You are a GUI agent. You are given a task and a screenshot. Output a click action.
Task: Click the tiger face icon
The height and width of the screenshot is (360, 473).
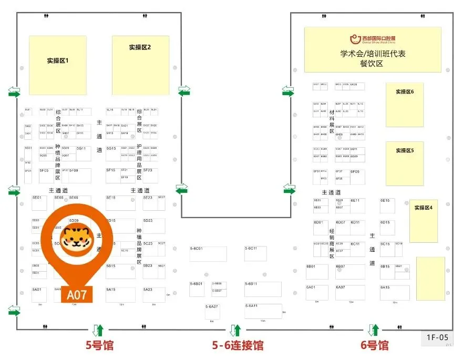coord(74,239)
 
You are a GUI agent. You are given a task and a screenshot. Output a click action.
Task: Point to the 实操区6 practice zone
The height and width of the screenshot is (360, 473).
coord(405,104)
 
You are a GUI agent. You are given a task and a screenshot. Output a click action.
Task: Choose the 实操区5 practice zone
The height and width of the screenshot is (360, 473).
coord(405,163)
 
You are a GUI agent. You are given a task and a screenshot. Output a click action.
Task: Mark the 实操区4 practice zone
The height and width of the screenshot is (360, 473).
coord(423,221)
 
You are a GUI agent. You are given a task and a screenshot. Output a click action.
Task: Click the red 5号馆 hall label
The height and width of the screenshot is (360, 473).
coord(99,345)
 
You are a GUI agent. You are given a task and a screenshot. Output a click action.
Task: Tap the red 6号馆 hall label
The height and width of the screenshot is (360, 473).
coord(374,345)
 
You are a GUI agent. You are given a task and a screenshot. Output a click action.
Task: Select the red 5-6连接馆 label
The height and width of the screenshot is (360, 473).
coord(238,345)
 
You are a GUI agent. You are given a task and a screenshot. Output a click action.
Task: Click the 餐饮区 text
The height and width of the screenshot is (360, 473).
coord(372,64)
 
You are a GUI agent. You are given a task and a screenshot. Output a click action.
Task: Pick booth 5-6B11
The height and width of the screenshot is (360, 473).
coord(263,289)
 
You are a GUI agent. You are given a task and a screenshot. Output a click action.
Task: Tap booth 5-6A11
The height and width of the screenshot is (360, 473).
coord(263,311)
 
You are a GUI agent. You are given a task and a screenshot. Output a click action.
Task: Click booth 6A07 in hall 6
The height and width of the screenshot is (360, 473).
coord(350,293)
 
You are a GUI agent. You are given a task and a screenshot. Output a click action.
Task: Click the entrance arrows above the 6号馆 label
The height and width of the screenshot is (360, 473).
coord(373,330)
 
